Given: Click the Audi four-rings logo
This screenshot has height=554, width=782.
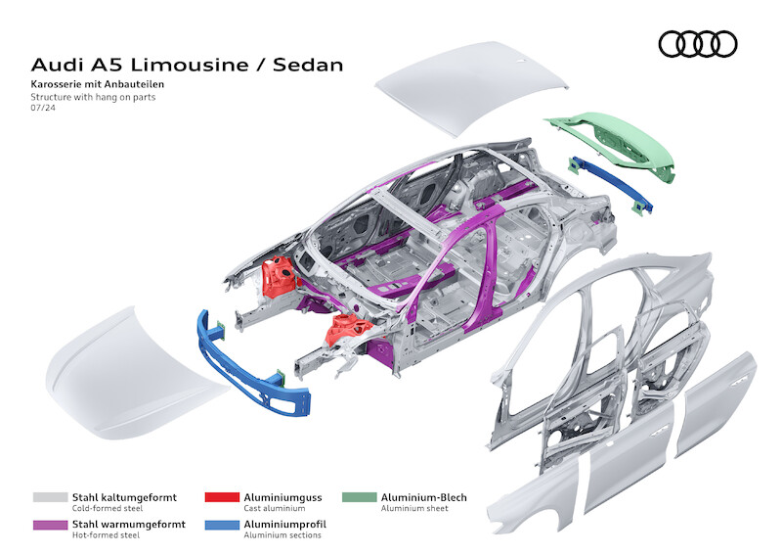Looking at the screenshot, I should pyautogui.click(x=697, y=43).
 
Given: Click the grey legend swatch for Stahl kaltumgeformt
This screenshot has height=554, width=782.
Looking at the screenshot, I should pyautogui.click(x=50, y=497).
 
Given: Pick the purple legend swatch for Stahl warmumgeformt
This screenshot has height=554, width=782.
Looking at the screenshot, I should pyautogui.click(x=50, y=524).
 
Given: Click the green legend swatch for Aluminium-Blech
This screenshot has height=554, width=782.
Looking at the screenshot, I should pyautogui.click(x=360, y=497).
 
